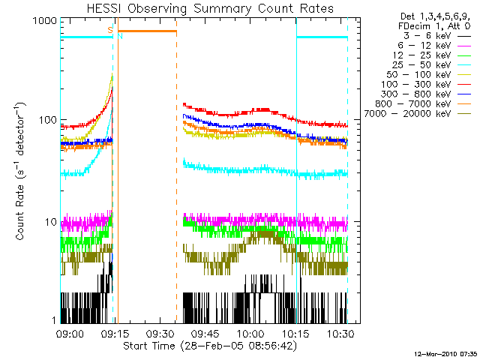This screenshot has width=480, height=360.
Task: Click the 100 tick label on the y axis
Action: click(x=46, y=120)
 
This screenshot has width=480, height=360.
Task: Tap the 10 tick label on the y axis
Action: click(x=49, y=222)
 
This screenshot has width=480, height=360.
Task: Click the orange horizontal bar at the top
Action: click(x=147, y=31)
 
